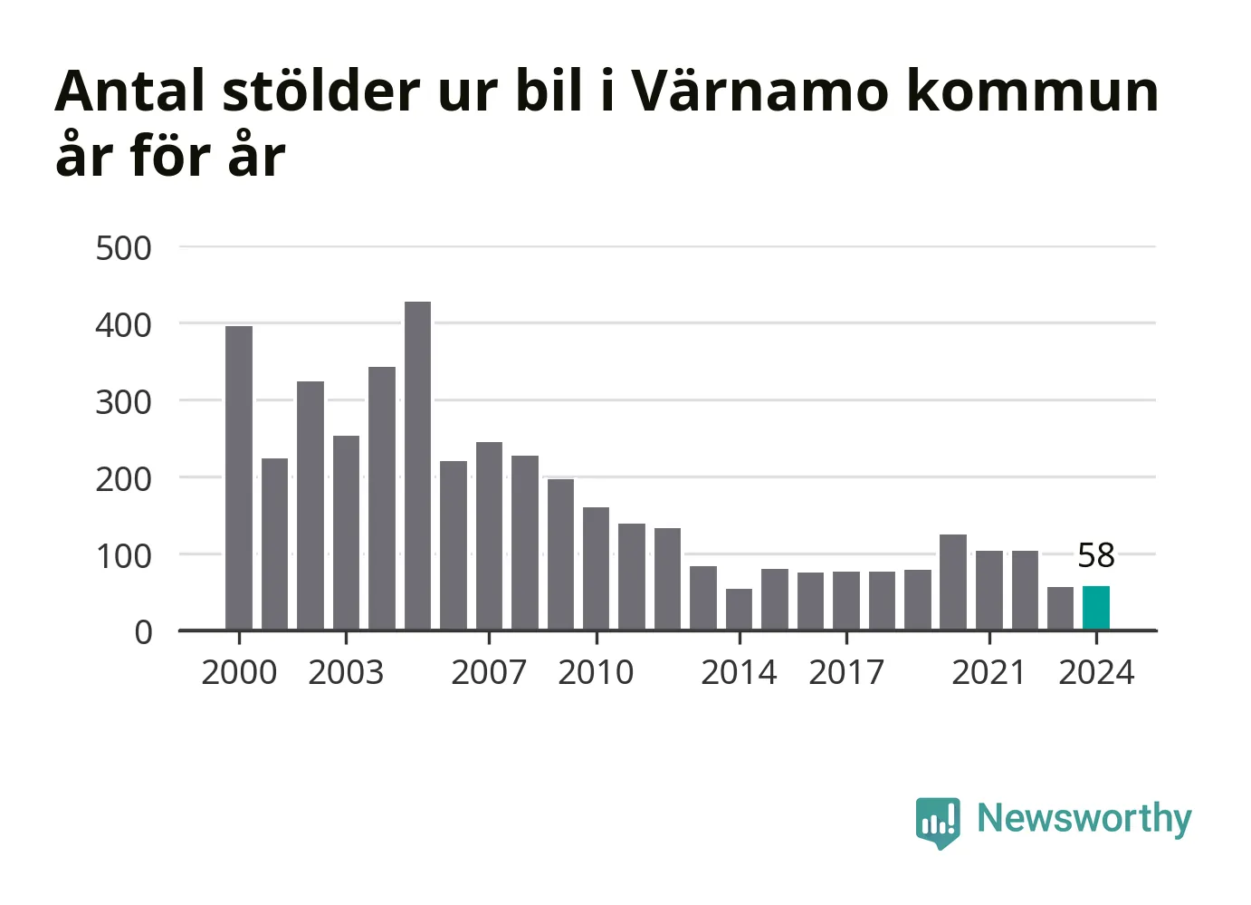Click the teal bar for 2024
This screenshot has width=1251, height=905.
[x=1095, y=608]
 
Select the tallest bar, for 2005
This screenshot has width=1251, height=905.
[x=417, y=466]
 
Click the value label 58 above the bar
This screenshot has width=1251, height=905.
[x=1095, y=555]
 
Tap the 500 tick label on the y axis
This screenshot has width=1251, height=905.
[x=123, y=248]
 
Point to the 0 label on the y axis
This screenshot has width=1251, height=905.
[x=143, y=632]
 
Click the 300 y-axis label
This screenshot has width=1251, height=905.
[x=123, y=402]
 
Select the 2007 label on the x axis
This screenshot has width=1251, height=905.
[x=489, y=673]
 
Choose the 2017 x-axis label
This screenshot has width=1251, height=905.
[x=845, y=673]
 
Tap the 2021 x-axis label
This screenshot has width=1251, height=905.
[x=988, y=673]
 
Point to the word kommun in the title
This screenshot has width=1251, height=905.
[x=1032, y=93]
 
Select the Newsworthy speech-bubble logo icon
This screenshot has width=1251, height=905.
[x=937, y=822]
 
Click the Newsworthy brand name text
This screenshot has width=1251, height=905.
[x=1084, y=819]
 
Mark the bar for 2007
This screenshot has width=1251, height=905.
[x=489, y=535]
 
